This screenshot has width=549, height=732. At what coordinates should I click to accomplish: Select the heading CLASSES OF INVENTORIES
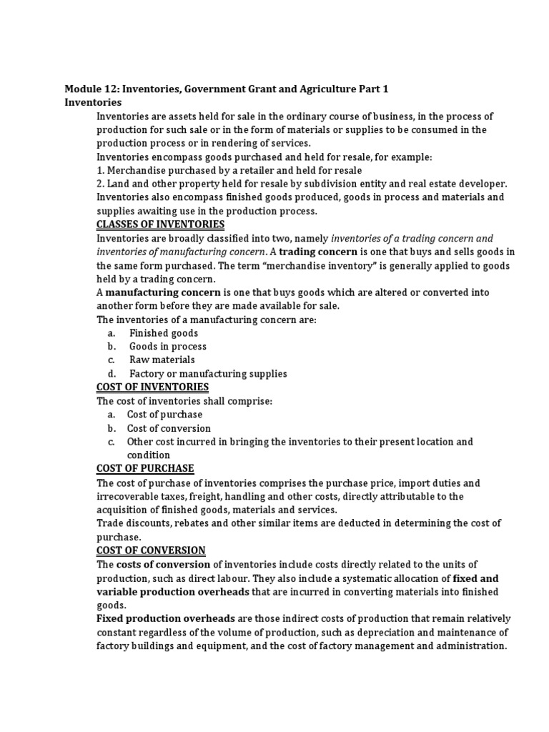coord(160,224)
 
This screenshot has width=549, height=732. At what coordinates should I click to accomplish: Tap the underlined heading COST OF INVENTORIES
coord(152,387)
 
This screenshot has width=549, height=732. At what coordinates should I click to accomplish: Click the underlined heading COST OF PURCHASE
coord(145,468)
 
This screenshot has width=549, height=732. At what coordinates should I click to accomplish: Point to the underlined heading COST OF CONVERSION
coord(151,550)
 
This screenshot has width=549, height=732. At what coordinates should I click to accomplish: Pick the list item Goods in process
coord(167,347)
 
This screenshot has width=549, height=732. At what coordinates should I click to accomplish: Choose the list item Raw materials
coord(162,360)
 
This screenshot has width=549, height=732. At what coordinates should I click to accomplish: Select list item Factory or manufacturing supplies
coord(207,374)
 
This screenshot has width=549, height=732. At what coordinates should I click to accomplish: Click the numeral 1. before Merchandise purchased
coord(101,170)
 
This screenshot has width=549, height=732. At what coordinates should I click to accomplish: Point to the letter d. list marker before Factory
coord(112,374)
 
